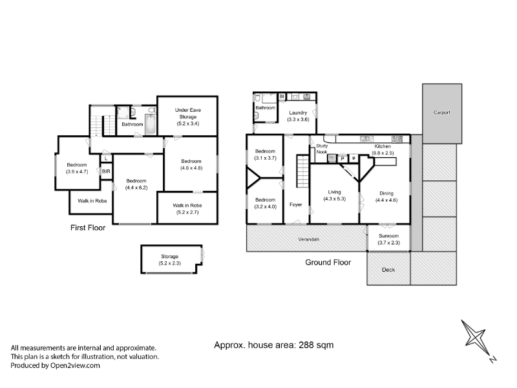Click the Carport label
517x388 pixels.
tap(441, 113)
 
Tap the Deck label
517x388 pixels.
tap(388, 270)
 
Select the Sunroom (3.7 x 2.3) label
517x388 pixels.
tap(389, 239)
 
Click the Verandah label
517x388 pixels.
tap(309, 239)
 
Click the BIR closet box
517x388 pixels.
tap(106, 171)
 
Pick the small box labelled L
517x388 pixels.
tap(106, 158)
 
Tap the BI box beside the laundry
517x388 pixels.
tap(282, 96)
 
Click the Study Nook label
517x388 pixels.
tap(322, 149)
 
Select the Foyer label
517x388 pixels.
tap(296, 204)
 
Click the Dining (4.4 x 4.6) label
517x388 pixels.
tap(386, 197)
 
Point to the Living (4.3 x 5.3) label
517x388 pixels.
tap(334, 195)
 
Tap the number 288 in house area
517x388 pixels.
tap(306, 345)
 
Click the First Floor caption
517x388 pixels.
tap(88, 228)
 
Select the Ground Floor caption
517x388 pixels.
tap(328, 263)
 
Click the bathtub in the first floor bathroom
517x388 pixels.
tap(151, 124)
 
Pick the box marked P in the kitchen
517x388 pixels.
tap(343, 158)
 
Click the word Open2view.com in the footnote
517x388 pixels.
tap(75, 365)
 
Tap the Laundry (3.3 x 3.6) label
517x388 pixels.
tap(298, 116)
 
